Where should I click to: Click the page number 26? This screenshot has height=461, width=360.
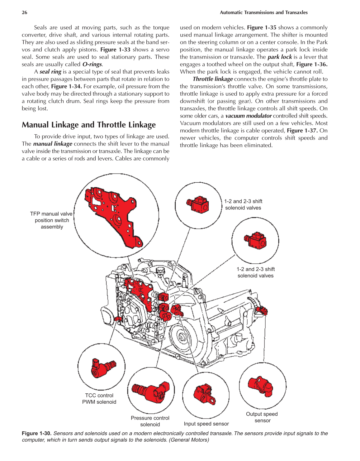[x=25, y=12]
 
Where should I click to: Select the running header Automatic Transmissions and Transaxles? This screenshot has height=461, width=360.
[x=263, y=12]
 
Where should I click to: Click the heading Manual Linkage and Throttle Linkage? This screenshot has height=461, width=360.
[x=89, y=125]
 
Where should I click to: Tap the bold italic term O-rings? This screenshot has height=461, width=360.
[x=92, y=65]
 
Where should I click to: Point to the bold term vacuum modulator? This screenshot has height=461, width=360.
[x=248, y=116]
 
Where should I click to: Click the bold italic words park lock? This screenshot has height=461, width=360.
[x=279, y=57]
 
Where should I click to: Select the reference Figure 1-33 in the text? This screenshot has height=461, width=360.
[x=115, y=50]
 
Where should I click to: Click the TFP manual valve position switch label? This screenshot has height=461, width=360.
[x=52, y=220]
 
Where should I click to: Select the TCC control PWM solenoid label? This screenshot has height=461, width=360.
[x=99, y=399]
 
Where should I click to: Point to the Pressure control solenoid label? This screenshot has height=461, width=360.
[x=150, y=421]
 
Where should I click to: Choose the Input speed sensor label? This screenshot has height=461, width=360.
[x=206, y=424]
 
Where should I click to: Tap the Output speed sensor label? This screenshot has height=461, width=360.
[x=262, y=417]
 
